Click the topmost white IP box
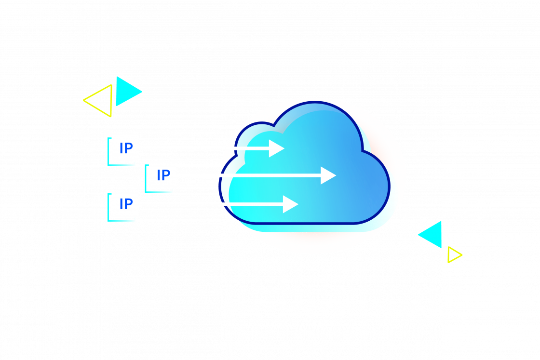point(125,148)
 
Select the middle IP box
point(162,175)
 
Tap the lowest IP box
point(125,204)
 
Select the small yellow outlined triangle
point(454,254)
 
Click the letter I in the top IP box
point(121,148)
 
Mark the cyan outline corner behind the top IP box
point(109,164)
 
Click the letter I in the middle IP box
point(159,175)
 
